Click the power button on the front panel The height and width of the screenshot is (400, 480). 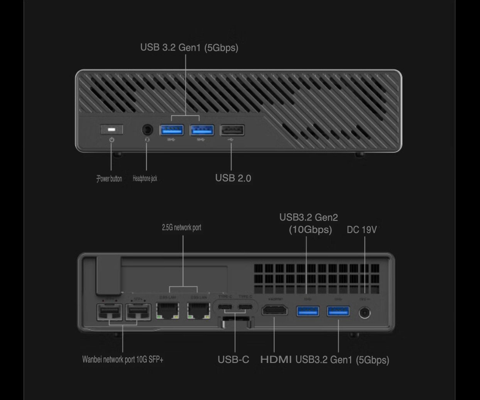coord(112,129)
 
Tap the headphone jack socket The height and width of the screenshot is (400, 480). coord(147,129)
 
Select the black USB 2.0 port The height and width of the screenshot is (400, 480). coord(232,129)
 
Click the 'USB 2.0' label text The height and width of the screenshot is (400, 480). coord(233,178)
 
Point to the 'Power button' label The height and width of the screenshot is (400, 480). coord(110,179)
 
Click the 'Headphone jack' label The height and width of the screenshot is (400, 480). coord(145,178)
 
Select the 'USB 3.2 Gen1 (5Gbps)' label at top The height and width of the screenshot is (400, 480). coord(189,48)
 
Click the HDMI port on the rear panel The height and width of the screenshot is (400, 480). coord(274,310)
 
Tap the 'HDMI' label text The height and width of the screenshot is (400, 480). coord(276,360)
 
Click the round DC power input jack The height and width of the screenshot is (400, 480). coord(365,312)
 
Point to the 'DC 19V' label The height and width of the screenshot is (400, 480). coord(361,230)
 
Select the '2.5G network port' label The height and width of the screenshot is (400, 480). coord(181,227)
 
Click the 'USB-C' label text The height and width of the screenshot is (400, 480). coord(233,360)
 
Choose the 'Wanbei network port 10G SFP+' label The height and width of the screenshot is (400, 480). coord(123,360)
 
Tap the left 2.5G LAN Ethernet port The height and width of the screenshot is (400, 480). coord(167,310)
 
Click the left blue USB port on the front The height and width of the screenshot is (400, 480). coord(172,129)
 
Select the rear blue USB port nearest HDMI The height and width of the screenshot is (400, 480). coord(308,310)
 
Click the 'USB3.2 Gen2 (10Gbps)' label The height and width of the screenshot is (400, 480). coord(308,224)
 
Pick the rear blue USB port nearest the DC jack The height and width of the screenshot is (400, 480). coord(338,310)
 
